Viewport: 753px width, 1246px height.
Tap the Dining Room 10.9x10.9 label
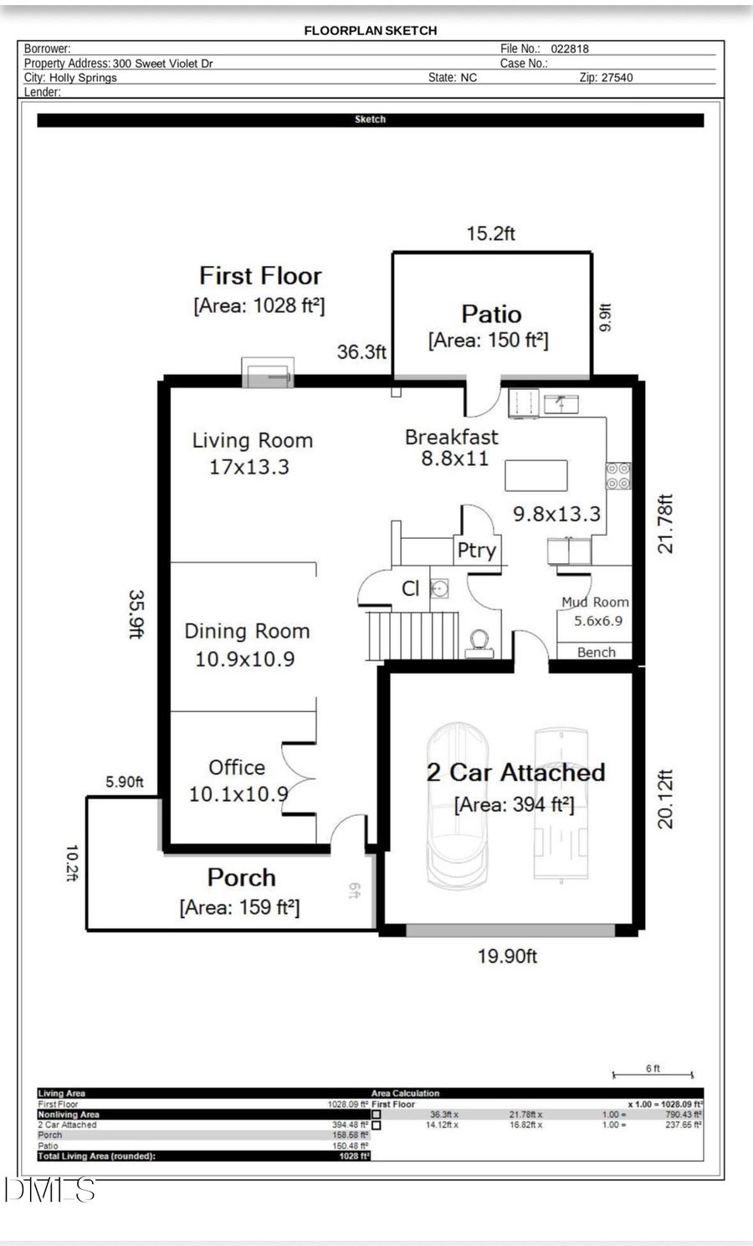pos(246,644)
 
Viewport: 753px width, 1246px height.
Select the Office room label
pos(237,767)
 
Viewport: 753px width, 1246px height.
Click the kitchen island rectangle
pos(535,475)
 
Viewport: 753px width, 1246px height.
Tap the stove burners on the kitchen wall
pos(617,476)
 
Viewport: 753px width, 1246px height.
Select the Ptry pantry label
pos(476,551)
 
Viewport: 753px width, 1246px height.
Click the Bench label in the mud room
pos(596,653)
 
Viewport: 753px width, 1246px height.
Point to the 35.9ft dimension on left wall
pos(136,613)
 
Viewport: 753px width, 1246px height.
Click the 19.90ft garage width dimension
pos(507,956)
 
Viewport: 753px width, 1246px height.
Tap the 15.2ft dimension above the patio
pos(490,233)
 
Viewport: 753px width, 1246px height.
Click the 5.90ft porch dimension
pos(124,782)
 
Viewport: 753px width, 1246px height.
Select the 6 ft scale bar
pos(653,1074)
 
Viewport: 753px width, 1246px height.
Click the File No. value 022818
pos(569,49)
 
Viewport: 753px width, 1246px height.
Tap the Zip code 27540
pos(617,78)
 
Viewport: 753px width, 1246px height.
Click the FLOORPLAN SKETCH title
pos(370,30)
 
